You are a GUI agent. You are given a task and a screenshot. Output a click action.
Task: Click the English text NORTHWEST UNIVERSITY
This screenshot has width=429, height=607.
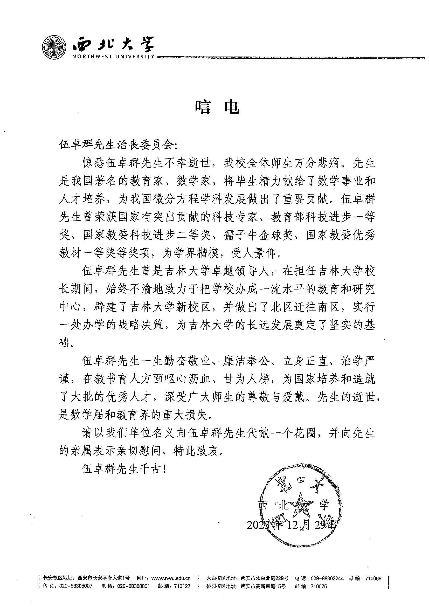tap(113, 57)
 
